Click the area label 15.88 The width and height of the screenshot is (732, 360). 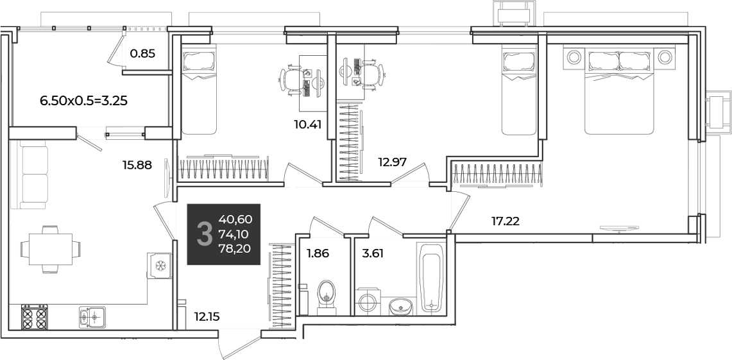[x=137, y=165]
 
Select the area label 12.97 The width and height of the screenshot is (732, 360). [x=392, y=162]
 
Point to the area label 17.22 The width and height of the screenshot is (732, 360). [x=506, y=221]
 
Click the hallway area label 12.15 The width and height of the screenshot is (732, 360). [x=207, y=317]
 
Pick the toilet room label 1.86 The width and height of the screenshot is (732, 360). [x=318, y=254]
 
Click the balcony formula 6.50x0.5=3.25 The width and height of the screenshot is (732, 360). [x=84, y=100]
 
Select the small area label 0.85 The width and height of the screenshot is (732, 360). [x=142, y=53]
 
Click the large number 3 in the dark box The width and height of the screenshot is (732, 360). [x=203, y=234]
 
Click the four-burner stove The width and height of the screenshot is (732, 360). [x=35, y=317]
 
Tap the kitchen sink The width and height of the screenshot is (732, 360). [x=92, y=317]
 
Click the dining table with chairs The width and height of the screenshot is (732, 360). [x=49, y=250]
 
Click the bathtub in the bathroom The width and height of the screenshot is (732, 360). [x=431, y=277]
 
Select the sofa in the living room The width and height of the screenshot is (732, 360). [x=32, y=174]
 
